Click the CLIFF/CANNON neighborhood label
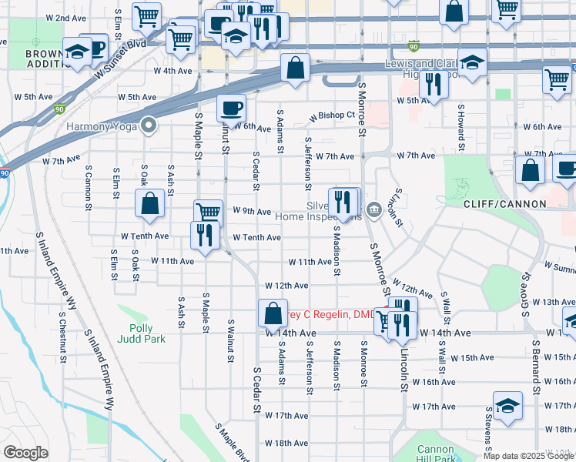504,204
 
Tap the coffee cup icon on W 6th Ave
231,109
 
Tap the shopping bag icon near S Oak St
150,203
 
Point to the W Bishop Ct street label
332,116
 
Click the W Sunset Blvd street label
121,59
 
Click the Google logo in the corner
25,453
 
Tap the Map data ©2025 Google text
528,456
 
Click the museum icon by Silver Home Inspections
374,209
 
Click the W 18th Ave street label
286,444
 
